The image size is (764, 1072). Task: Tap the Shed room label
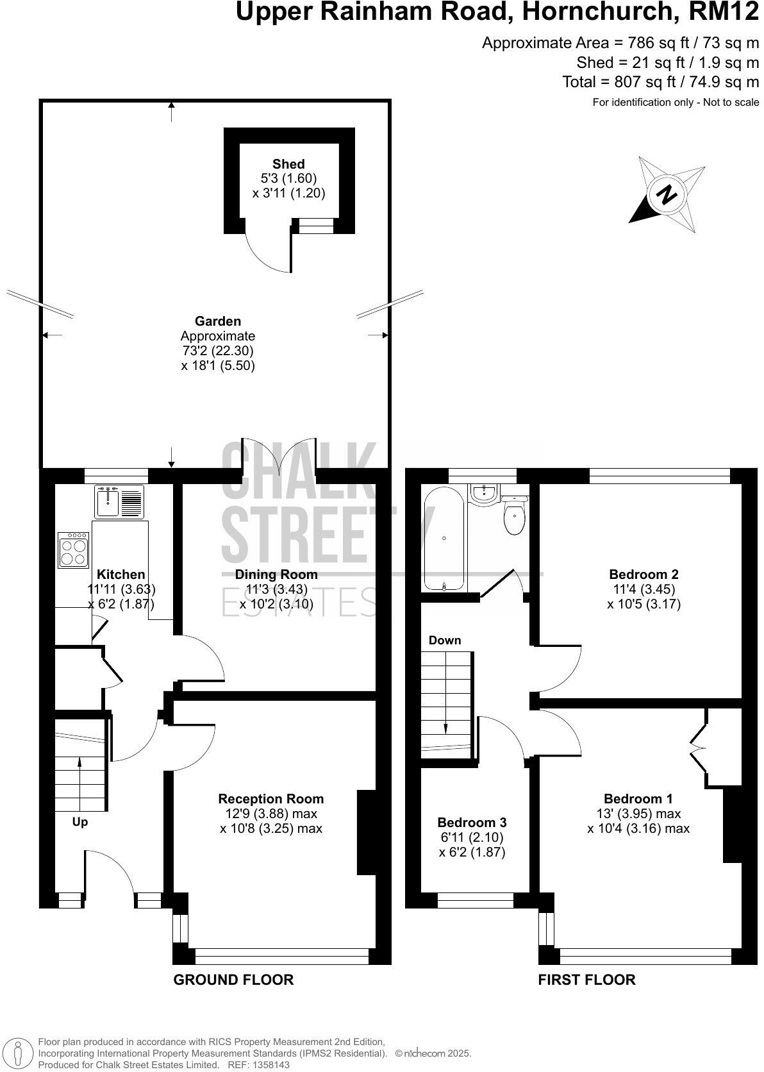click(x=288, y=164)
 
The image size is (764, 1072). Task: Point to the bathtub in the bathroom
click(x=444, y=539)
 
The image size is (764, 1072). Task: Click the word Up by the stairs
click(x=79, y=822)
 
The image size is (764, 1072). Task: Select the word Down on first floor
click(x=444, y=640)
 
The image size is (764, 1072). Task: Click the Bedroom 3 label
click(x=472, y=822)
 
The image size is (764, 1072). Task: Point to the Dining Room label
click(x=276, y=574)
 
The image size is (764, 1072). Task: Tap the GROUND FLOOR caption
click(x=233, y=980)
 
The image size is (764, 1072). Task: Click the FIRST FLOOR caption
click(x=586, y=980)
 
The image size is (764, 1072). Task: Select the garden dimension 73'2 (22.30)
click(x=218, y=351)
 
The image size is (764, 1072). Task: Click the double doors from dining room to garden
click(x=279, y=456)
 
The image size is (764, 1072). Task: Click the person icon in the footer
click(x=19, y=1053)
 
